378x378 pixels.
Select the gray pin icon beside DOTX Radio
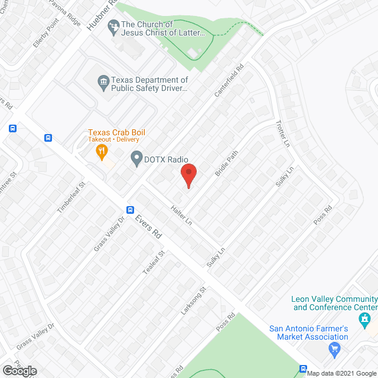coord(137,158)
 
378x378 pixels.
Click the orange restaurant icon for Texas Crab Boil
coord(102,152)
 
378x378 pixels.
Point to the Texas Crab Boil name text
coord(116,132)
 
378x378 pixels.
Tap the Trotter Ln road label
coord(283,134)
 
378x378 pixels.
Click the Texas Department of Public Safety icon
coord(103,80)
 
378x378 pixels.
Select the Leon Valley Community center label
coord(334,303)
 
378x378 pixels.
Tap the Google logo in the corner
coord(19,370)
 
